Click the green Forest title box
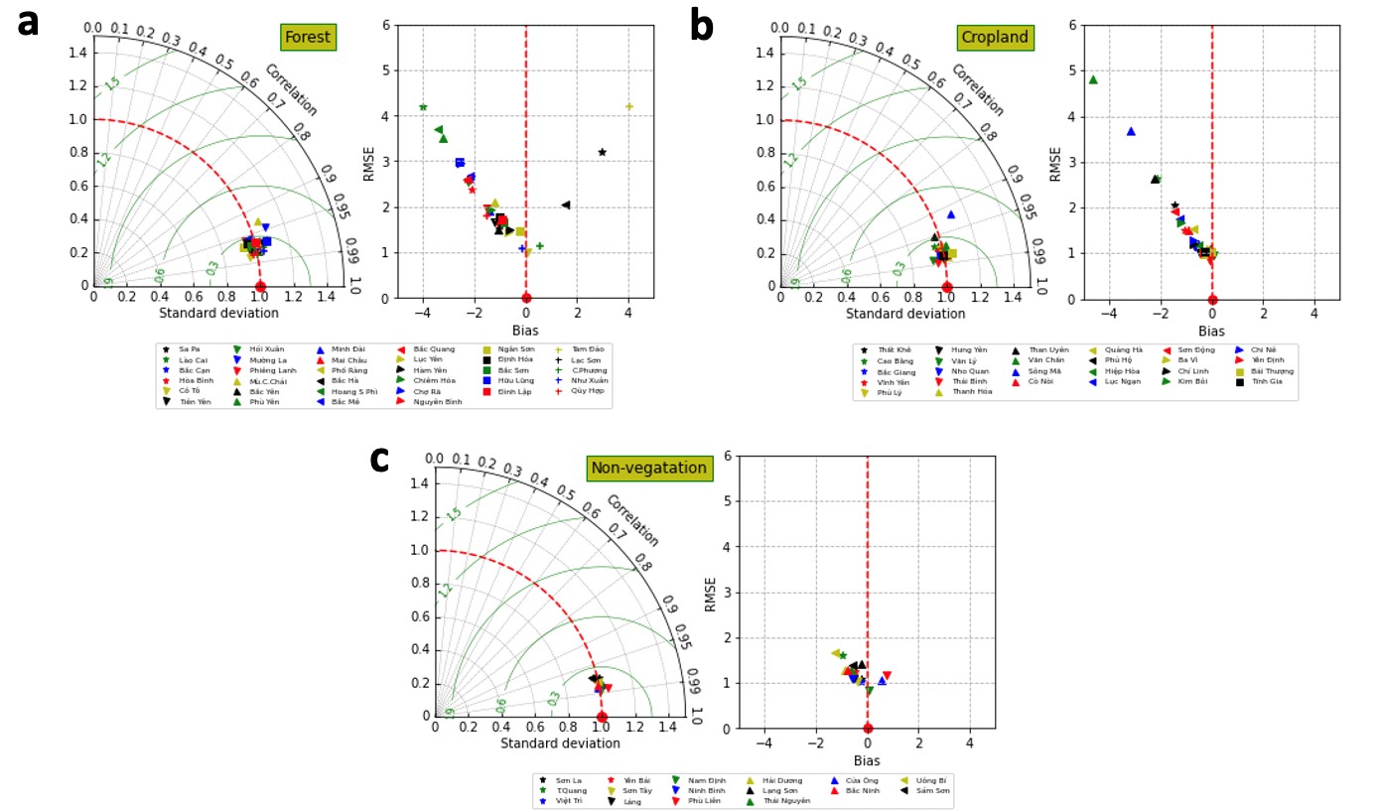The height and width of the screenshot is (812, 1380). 308,38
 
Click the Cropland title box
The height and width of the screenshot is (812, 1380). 996,38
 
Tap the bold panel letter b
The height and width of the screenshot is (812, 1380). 701,26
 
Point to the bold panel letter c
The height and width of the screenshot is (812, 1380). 379,458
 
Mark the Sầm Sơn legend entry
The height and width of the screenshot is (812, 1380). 924,790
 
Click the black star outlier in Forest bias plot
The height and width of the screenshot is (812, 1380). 602,152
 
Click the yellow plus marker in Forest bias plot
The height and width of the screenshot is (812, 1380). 628,106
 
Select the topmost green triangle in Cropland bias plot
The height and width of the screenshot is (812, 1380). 1093,79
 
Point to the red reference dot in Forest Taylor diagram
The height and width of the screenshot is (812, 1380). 260,286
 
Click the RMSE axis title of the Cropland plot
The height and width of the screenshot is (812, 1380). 1055,163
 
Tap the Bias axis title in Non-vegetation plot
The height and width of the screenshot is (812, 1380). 867,760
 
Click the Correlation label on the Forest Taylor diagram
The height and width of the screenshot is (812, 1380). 290,90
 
